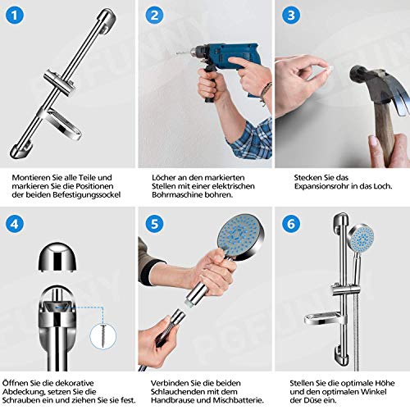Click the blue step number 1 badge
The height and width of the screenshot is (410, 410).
tap(15, 15)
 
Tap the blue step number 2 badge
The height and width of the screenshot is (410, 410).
tap(155, 15)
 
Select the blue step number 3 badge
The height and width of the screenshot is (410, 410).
tap(291, 15)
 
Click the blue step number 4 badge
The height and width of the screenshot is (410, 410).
tap(15, 224)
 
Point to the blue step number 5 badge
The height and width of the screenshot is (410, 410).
tap(155, 224)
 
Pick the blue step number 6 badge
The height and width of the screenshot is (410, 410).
tap(291, 224)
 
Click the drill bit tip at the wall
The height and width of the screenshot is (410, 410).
tap(176, 54)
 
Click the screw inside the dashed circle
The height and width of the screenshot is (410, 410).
tap(103, 336)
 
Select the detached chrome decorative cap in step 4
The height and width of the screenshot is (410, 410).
tap(57, 257)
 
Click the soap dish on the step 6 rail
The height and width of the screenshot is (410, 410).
tap(326, 319)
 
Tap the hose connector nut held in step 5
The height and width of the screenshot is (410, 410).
tap(177, 317)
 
